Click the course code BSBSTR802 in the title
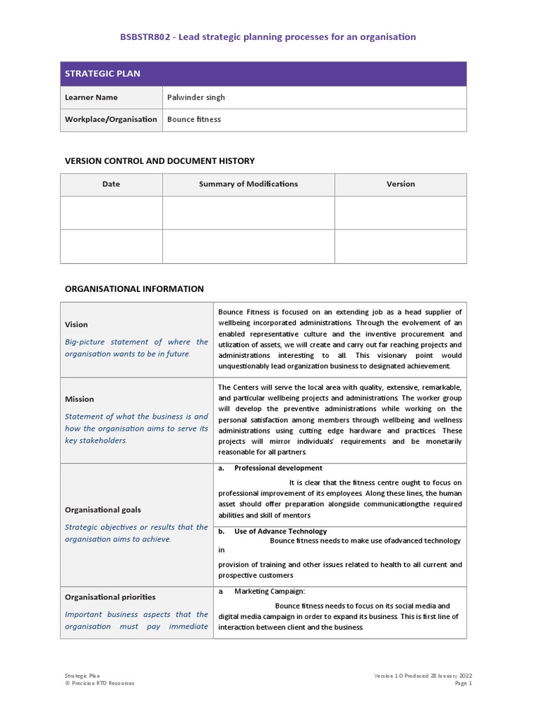coord(145,36)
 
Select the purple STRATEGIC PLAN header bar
coord(263,74)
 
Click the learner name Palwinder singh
coord(196,97)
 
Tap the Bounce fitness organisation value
coord(194,119)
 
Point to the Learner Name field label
coord(91,97)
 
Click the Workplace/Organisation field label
coord(110,119)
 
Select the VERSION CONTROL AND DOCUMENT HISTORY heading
coord(159,161)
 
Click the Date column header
coord(111,184)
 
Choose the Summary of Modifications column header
coord(248,184)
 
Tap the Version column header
coord(401,184)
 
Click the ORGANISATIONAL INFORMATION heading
coord(134,288)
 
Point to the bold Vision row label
coord(76,325)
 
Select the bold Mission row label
coord(79,399)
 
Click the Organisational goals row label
coord(103,510)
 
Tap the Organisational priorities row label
coord(110,597)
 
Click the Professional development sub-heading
coord(278,468)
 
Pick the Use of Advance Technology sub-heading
coord(280,531)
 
